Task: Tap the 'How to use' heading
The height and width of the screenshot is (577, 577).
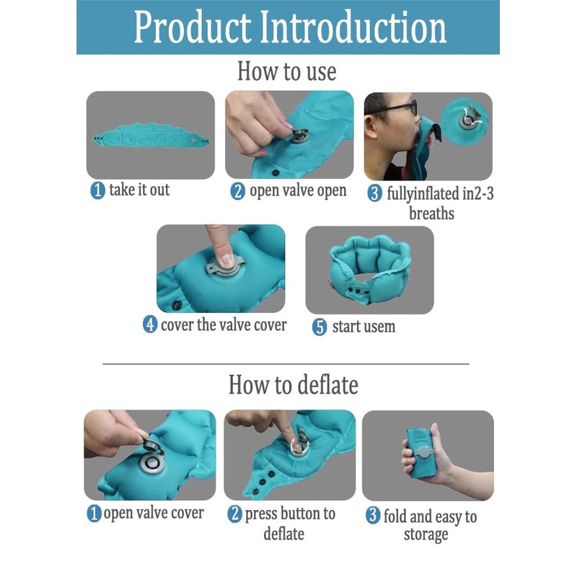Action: (x=287, y=71)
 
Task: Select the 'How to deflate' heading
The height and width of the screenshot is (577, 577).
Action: (x=293, y=384)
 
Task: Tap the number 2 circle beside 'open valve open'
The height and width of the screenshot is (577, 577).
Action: (x=238, y=192)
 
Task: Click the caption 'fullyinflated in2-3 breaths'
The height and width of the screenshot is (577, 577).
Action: (x=431, y=203)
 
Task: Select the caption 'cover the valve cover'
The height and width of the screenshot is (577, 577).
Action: (x=223, y=325)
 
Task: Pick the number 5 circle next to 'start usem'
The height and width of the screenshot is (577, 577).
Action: (x=320, y=327)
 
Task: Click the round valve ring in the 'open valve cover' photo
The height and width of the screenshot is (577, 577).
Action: (x=151, y=462)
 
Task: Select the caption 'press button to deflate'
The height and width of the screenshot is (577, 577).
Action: (x=290, y=524)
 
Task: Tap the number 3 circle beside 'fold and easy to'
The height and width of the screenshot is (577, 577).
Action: (x=373, y=516)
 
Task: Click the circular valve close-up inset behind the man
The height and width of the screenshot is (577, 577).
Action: (x=469, y=115)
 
